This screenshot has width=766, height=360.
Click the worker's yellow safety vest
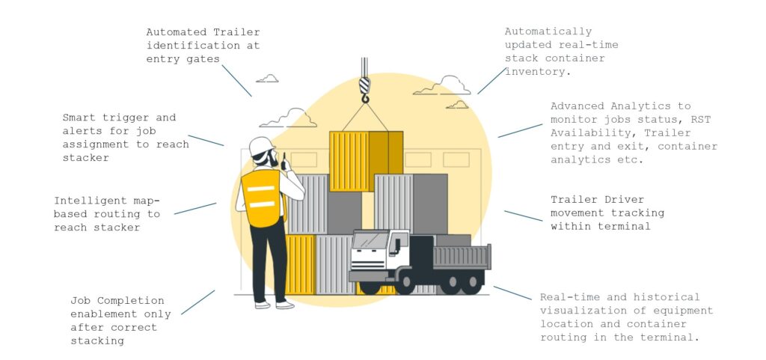click(262, 197)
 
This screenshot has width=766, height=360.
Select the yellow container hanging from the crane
click(365, 160)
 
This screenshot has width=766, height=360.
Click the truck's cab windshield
click(369, 241)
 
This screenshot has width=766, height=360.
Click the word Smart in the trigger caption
click(79, 118)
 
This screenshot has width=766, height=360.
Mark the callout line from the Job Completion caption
click(197, 302)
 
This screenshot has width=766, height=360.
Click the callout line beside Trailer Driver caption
click(523, 216)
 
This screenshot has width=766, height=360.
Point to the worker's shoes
click(274, 305)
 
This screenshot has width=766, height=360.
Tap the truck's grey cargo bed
click(461, 257)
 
